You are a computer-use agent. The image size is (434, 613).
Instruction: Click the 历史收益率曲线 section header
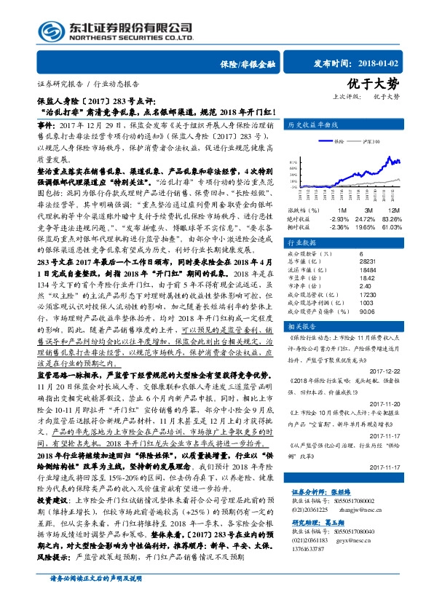[312, 125]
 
